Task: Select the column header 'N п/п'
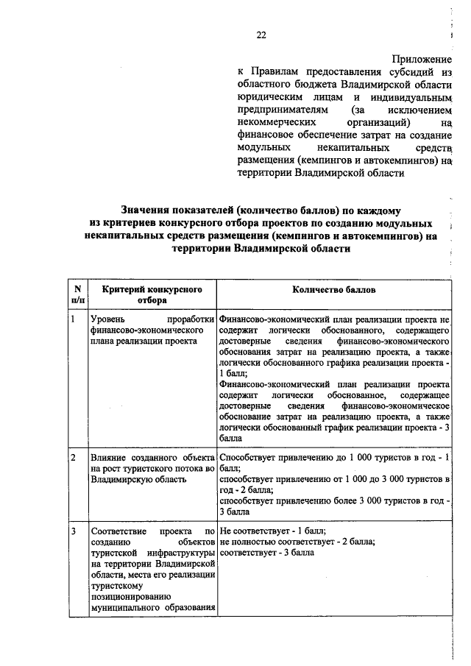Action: [x=77, y=295]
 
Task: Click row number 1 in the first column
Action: [x=73, y=321]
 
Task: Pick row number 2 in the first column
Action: [x=73, y=458]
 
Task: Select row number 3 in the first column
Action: [x=73, y=530]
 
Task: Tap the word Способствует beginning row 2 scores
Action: [x=249, y=458]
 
